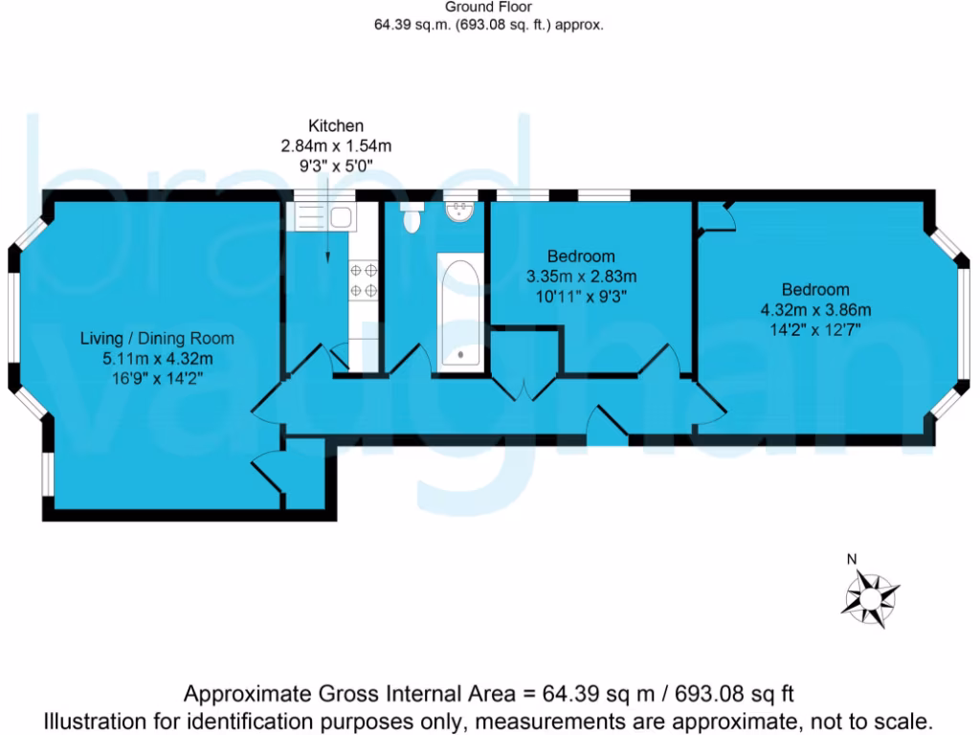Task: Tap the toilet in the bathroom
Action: [412, 218]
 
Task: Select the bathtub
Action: [460, 312]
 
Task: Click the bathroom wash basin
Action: [460, 210]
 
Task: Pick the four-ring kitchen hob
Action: [364, 280]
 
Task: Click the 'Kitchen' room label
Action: [335, 126]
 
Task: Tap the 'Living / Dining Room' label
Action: [156, 339]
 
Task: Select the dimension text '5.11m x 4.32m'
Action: [156, 358]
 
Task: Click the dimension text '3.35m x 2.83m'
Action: [581, 276]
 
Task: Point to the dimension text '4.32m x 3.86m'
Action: [815, 309]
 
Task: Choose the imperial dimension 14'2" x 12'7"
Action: [815, 328]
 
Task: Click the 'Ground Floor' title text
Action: [488, 8]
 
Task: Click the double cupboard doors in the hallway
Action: [523, 387]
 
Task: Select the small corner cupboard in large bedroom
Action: [714, 217]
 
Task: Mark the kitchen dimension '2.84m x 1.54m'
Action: [335, 145]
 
